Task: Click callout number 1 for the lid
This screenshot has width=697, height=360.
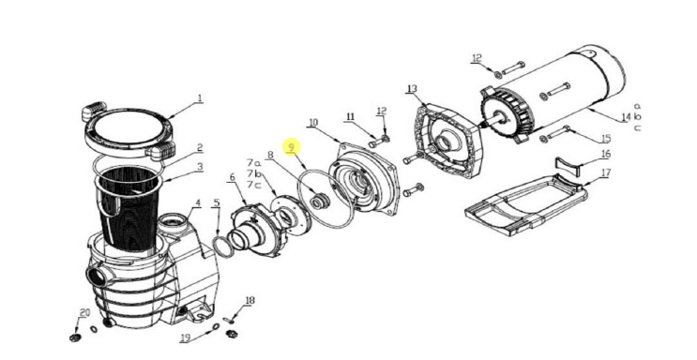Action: (x=199, y=97)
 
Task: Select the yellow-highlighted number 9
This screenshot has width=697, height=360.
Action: (x=292, y=147)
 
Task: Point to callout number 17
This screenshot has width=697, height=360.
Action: (x=605, y=172)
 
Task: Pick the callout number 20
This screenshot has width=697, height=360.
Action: (x=84, y=312)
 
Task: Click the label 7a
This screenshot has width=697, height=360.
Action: (x=253, y=162)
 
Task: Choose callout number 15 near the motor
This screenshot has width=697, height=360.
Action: (x=605, y=139)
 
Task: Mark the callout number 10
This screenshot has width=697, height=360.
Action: (x=312, y=122)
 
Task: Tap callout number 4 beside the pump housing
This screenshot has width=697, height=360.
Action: (x=197, y=202)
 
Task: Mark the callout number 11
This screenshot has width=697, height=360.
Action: (x=350, y=117)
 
